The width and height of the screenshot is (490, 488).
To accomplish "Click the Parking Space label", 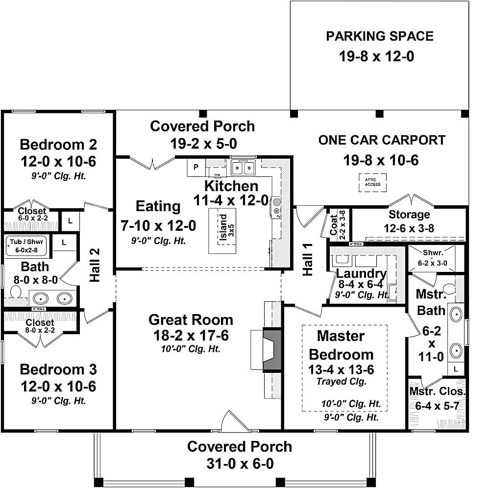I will (380, 37).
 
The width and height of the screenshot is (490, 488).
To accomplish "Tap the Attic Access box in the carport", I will (372, 183).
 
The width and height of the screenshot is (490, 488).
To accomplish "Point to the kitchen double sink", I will (243, 168).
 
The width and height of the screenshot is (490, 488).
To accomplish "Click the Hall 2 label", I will (95, 265).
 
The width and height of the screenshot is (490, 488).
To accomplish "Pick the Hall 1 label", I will (308, 259).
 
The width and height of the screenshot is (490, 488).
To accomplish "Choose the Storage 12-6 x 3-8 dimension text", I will (409, 228).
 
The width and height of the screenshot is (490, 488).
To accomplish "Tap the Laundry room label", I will (362, 274).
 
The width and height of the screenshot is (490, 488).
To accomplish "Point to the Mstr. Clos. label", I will (438, 392).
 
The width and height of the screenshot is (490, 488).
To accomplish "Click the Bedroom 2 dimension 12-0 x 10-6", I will (58, 162).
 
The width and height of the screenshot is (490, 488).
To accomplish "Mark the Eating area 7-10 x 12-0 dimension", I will (158, 226).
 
